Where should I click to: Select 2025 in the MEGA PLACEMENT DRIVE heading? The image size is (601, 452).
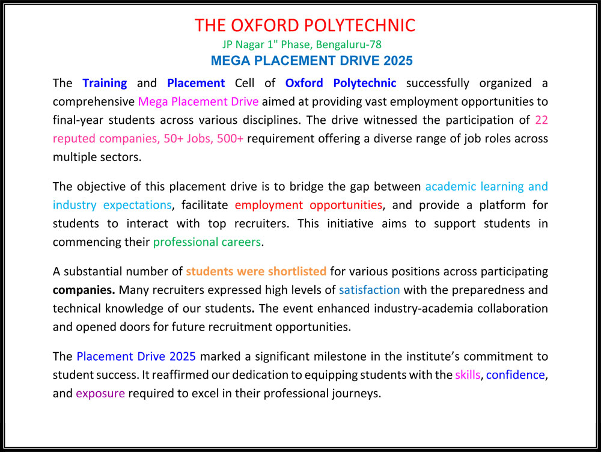tap(398, 61)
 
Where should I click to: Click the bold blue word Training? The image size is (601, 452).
tap(105, 84)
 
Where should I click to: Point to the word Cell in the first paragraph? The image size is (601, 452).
tap(245, 83)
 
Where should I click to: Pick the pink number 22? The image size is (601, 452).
tap(542, 120)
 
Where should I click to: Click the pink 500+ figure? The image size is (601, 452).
tap(230, 138)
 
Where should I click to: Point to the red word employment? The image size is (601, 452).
tap(269, 206)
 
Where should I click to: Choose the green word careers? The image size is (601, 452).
tap(242, 242)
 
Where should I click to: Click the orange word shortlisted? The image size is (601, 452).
tap(297, 272)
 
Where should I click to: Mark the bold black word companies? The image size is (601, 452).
tap(84, 290)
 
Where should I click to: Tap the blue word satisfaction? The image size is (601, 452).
tap(369, 290)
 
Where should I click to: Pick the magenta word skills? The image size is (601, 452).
tap(468, 374)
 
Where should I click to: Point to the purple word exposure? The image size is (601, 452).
tap(100, 394)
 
